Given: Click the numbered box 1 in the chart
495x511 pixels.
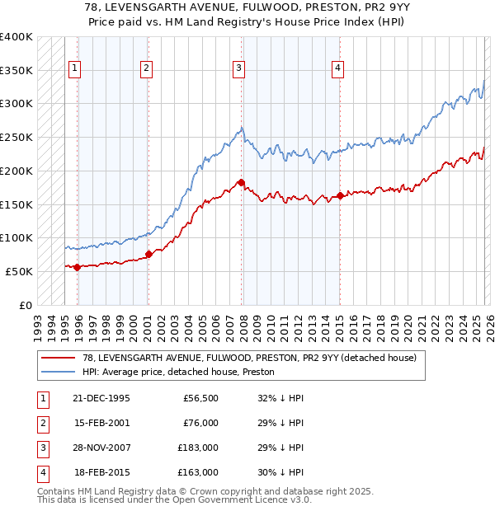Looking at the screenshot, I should (75, 68).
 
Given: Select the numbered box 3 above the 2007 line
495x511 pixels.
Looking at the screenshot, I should (238, 68).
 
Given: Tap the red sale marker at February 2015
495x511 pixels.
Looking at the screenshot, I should (340, 196).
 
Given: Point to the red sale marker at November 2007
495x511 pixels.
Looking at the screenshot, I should (241, 182).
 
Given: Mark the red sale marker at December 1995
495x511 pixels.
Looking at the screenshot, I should (78, 267).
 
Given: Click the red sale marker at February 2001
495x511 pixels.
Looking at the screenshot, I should (148, 254).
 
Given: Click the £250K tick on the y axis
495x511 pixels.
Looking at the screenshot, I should (16, 137).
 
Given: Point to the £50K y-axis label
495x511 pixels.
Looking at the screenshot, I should (19, 271).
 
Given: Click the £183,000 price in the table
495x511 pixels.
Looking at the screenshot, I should (197, 449).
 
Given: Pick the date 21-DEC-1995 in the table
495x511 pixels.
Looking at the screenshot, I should (101, 398).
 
